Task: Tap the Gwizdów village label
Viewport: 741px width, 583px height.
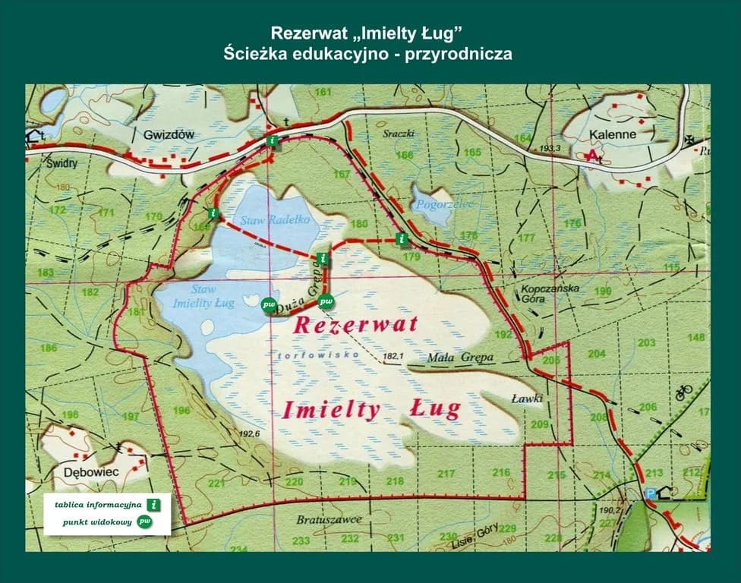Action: click(x=169, y=134)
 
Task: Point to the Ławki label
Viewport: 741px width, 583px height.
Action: click(x=525, y=397)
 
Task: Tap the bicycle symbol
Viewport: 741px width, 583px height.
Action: click(x=683, y=392)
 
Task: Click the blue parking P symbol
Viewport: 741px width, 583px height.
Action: click(x=650, y=493)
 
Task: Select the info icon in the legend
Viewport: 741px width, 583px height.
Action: click(x=155, y=504)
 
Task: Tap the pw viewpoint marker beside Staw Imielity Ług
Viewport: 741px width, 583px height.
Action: click(x=269, y=304)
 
